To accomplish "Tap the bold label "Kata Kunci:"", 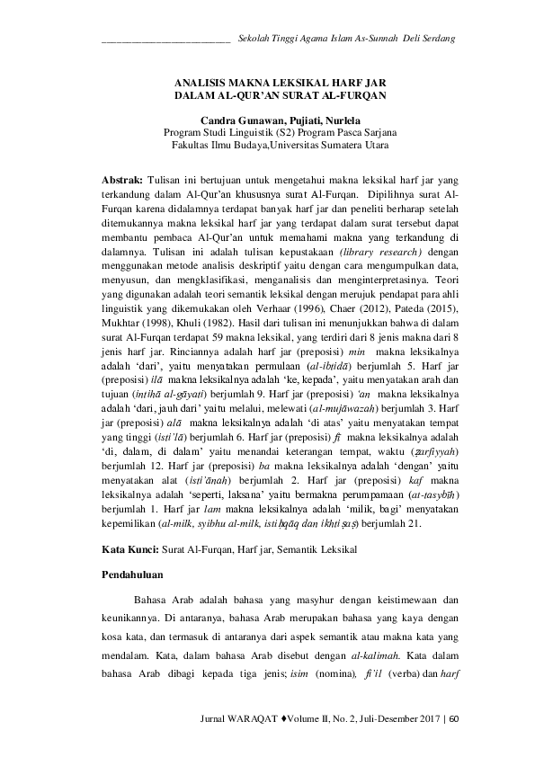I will coord(126,547).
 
